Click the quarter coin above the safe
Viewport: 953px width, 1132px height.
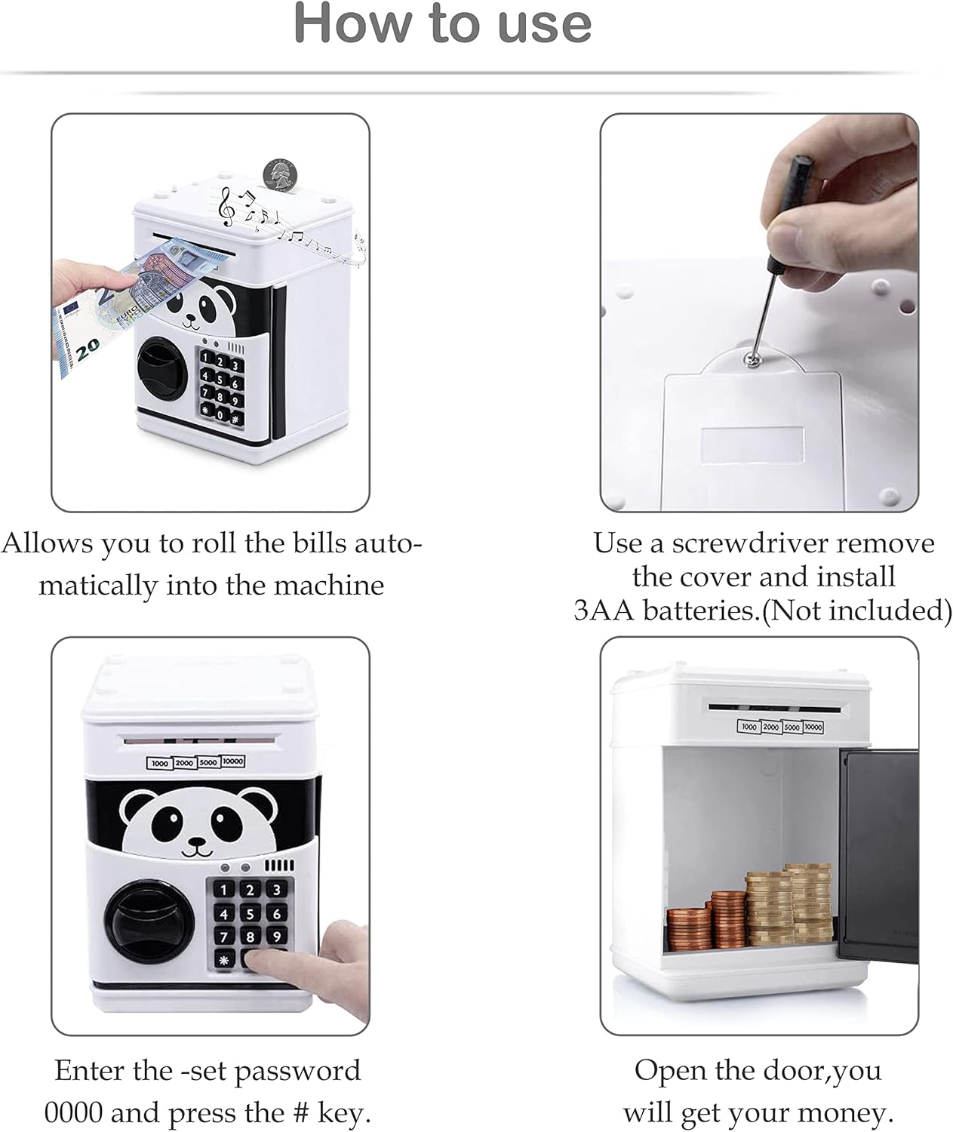[280, 174]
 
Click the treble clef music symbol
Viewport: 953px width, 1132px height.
[227, 207]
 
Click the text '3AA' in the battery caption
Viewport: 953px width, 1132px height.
[604, 611]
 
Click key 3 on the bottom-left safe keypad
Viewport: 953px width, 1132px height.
[276, 890]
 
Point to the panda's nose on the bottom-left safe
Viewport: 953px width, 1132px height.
[198, 842]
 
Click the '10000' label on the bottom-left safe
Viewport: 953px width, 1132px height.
[232, 761]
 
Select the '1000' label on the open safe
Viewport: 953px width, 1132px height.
[749, 727]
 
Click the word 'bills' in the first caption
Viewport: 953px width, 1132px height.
[321, 544]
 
